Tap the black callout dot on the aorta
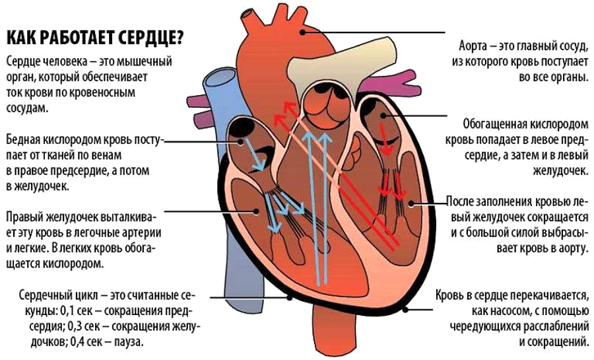(x=302, y=32)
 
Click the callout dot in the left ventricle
(x=412, y=203)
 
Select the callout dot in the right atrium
(x=241, y=142)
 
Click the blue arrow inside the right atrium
(x=255, y=153)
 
